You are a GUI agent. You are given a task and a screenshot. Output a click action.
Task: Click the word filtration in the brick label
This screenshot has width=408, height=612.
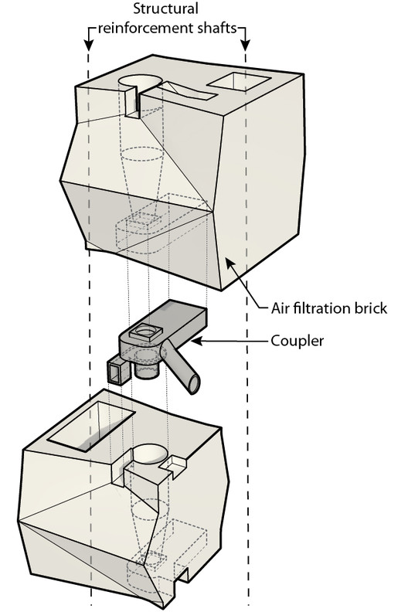[323, 308]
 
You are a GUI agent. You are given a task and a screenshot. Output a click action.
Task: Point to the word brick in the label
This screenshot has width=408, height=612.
[368, 308]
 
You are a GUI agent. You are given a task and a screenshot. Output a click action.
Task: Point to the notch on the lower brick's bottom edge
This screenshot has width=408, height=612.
[183, 574]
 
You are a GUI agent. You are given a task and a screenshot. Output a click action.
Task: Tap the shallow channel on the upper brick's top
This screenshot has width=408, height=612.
[185, 93]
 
